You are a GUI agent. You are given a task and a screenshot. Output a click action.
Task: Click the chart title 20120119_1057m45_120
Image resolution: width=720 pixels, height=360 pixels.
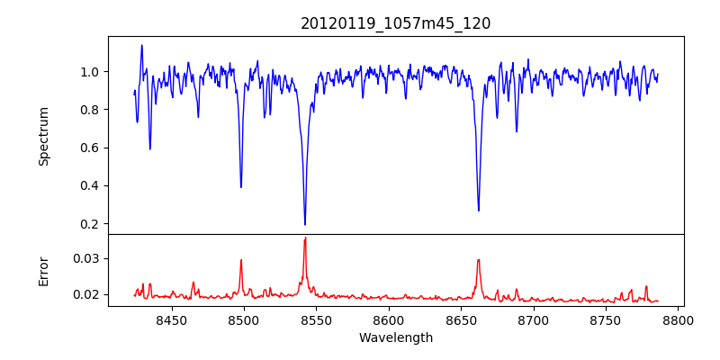[x=395, y=23]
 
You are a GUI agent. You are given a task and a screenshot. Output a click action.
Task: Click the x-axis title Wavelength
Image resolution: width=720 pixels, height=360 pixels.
[x=395, y=337]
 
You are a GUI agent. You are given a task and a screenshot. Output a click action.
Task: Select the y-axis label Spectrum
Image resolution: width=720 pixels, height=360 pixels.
[x=43, y=135]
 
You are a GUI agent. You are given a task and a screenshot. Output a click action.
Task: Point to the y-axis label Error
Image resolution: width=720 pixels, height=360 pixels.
[x=43, y=270]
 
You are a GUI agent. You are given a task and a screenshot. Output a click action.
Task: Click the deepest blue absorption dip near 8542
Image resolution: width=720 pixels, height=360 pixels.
[x=305, y=223]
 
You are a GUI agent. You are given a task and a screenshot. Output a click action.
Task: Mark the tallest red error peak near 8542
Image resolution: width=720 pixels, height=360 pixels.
[x=305, y=238]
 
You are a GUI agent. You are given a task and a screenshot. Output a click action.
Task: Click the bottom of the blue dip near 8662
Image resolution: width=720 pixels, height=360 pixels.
[x=479, y=210]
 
